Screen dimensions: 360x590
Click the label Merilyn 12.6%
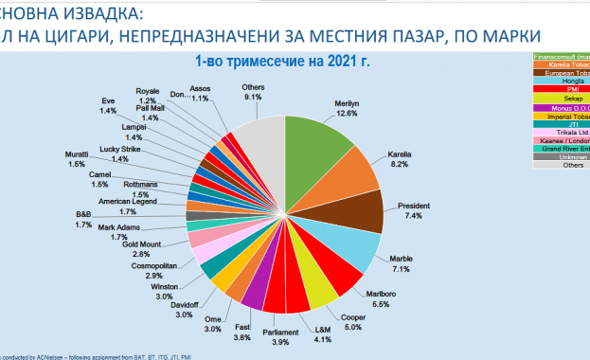point(346,108)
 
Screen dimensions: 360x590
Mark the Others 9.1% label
point(253,92)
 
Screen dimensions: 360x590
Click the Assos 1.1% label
point(200,93)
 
